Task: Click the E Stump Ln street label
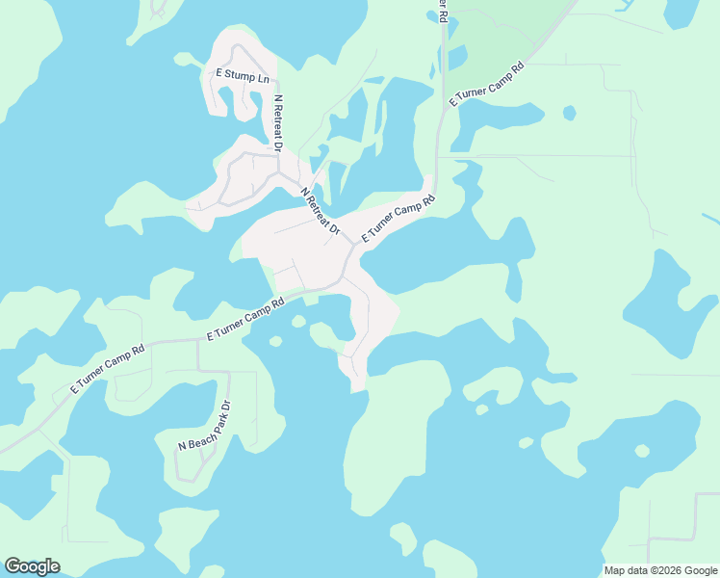[x=242, y=75]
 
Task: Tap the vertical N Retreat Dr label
[x=278, y=123]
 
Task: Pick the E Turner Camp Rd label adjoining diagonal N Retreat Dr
[x=399, y=218]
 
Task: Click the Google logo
[x=32, y=566]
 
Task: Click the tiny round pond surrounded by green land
[x=570, y=113]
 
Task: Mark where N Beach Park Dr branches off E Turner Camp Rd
[x=198, y=341]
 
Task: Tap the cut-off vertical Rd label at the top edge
[x=442, y=10]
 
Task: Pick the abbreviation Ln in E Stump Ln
[x=263, y=78]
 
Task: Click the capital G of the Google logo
[x=13, y=566]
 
